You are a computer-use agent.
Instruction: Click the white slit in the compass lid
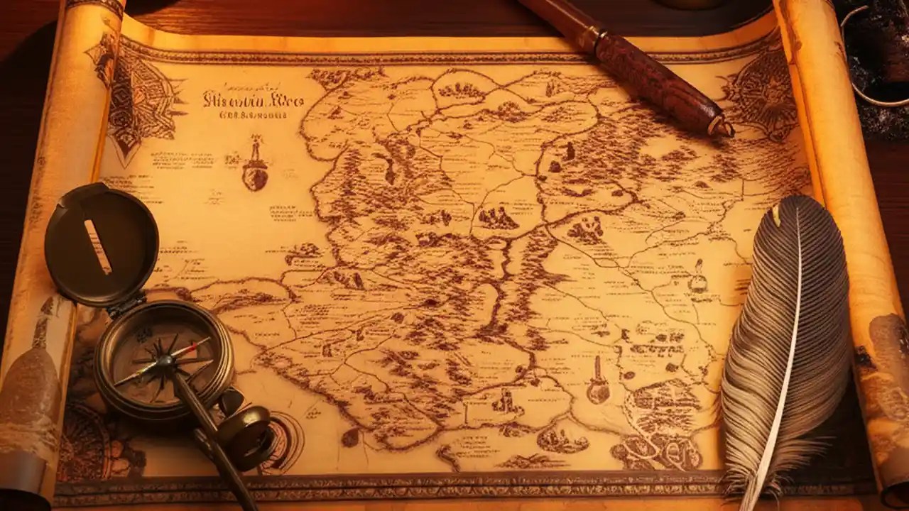[x=98, y=246]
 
